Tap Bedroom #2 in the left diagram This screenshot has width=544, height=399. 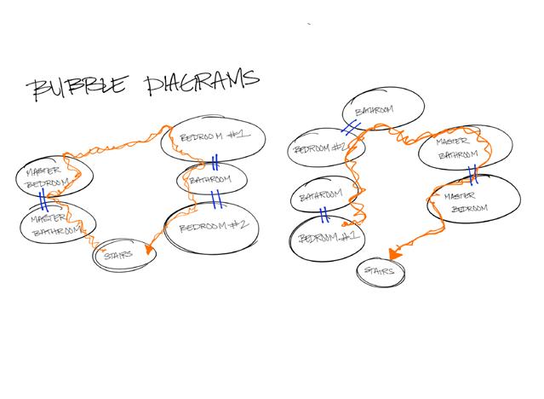pyautogui.click(x=213, y=228)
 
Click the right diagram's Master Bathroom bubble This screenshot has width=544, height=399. pyautogui.click(x=457, y=148)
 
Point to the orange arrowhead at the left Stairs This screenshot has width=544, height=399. pyautogui.click(x=149, y=250)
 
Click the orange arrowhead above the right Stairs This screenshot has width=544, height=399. pyautogui.click(x=393, y=253)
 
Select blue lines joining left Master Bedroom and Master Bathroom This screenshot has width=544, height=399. pyautogui.click(x=43, y=200)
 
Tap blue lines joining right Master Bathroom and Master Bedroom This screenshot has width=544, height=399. pyautogui.click(x=472, y=174)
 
